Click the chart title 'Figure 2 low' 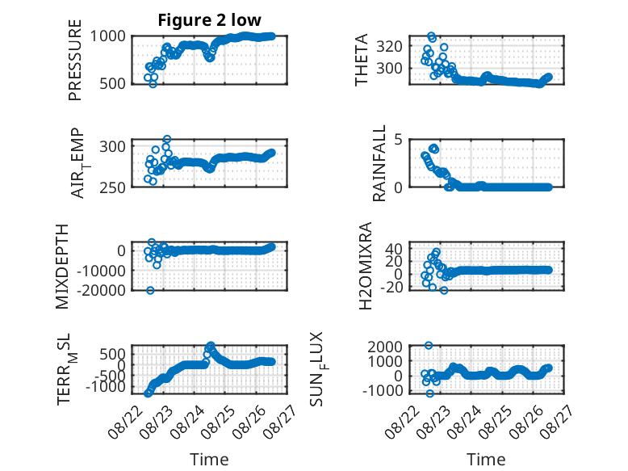tap(209, 20)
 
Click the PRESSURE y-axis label tap(75, 60)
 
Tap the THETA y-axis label tap(362, 60)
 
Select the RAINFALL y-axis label tap(379, 163)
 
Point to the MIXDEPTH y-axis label tap(62, 267)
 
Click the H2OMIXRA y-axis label tap(366, 266)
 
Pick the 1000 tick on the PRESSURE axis tap(107, 36)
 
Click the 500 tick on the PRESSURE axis tap(112, 83)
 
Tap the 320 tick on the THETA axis tap(389, 47)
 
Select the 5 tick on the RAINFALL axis tap(398, 140)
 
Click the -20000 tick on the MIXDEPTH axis tap(102, 290)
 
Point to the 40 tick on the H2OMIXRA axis tap(394, 249)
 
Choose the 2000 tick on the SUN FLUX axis tap(385, 347)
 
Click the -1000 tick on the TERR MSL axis tap(105, 387)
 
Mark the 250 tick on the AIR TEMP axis tap(112, 187)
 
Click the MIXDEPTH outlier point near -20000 tap(150, 290)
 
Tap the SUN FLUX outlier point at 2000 tap(429, 346)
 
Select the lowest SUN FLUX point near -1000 tap(429, 393)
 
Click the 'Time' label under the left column tap(209, 460)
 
